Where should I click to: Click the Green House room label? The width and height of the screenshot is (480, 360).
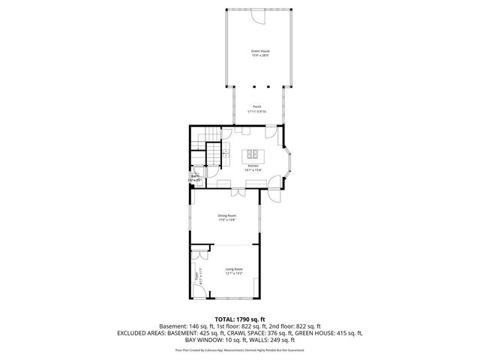coord(259,51)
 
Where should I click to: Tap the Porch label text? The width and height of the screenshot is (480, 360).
coord(257,106)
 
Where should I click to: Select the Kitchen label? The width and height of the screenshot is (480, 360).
coord(253,166)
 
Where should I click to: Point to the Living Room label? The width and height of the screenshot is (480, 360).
coord(234,268)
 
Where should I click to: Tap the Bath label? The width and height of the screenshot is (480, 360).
coord(194,176)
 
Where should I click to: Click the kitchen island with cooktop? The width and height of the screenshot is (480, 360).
coord(253,155)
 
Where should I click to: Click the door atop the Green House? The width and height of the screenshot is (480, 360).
coord(257,14)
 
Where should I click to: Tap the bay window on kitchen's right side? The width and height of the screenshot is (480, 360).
coord(290,160)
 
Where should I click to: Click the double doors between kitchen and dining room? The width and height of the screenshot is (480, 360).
coord(237,193)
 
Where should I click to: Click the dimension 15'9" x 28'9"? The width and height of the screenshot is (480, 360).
coord(259,56)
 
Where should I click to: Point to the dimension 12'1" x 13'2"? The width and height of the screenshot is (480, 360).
coord(234,274)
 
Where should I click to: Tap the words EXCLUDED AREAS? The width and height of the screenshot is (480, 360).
coord(141,333)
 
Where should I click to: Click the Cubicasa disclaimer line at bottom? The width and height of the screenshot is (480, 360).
coord(240,349)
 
